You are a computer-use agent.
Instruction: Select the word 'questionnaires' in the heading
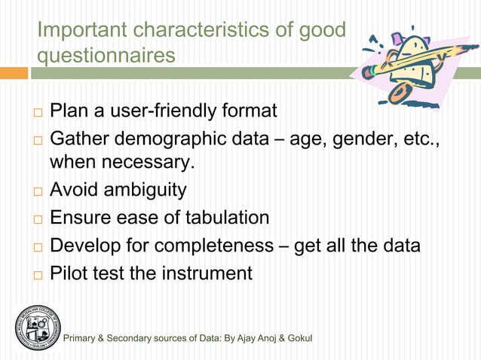106,56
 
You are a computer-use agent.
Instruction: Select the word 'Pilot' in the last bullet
68,273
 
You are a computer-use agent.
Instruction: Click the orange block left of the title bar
14,73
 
